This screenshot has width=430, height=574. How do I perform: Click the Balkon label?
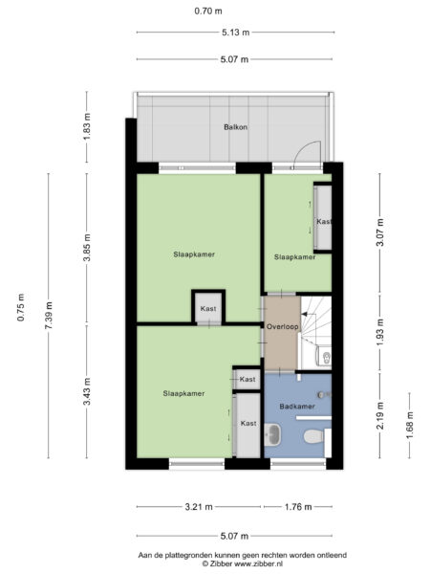[x=236, y=126]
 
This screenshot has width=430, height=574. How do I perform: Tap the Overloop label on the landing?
[x=283, y=327]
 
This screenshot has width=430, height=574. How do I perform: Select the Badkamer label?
[x=296, y=407]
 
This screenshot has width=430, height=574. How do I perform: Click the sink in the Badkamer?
[x=273, y=436]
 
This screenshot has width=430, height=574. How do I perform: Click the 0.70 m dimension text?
[x=207, y=11]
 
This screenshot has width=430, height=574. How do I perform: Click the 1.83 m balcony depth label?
[x=87, y=127]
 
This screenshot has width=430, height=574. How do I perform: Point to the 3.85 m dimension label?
[x=87, y=248]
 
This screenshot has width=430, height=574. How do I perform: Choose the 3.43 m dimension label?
[x=87, y=393]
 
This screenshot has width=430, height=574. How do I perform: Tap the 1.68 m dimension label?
[x=411, y=422]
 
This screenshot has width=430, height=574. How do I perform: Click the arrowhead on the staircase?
[x=305, y=313]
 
